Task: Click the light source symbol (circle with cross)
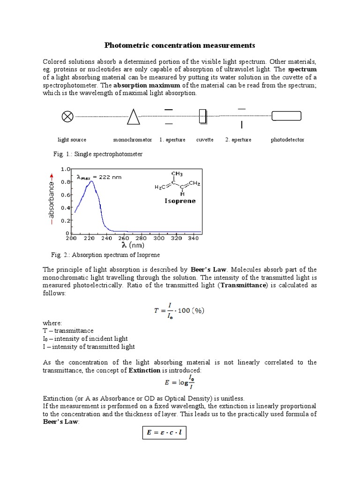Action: [67, 117]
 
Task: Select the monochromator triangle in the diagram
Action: [134, 117]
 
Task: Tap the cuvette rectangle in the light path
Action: [202, 116]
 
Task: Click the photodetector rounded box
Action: [286, 117]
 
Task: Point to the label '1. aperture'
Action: [172, 140]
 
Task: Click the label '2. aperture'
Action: [238, 140]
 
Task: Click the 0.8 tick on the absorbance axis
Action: [65, 182]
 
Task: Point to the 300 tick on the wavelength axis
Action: [158, 239]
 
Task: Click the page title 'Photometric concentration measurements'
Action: [180, 45]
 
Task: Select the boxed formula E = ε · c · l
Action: [164, 433]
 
